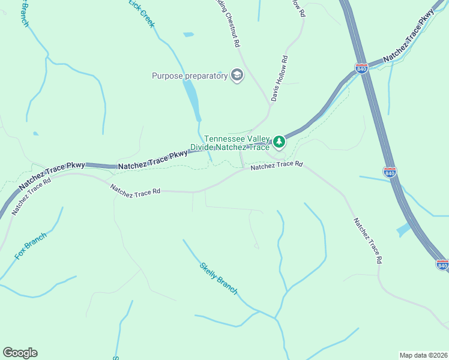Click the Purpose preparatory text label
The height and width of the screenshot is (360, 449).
pyautogui.click(x=190, y=76)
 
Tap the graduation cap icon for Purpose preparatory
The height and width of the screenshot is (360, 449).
pyautogui.click(x=237, y=76)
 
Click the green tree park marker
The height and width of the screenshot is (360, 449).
pyautogui.click(x=278, y=142)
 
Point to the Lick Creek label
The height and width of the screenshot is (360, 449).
pyautogui.click(x=142, y=13)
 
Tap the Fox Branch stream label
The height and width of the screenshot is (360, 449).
pyautogui.click(x=31, y=246)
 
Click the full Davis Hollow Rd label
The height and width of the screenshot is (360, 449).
pyautogui.click(x=279, y=78)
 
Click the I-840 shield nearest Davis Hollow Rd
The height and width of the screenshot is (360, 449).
pyautogui.click(x=361, y=69)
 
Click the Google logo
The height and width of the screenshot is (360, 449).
pyautogui.click(x=20, y=353)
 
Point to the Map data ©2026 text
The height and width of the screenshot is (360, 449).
pyautogui.click(x=424, y=355)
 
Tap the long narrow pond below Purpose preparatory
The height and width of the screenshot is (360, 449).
pyautogui.click(x=191, y=98)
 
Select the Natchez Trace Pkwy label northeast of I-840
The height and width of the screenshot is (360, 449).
pyautogui.click(x=409, y=37)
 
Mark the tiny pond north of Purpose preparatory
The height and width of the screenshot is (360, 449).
pyautogui.click(x=188, y=35)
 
